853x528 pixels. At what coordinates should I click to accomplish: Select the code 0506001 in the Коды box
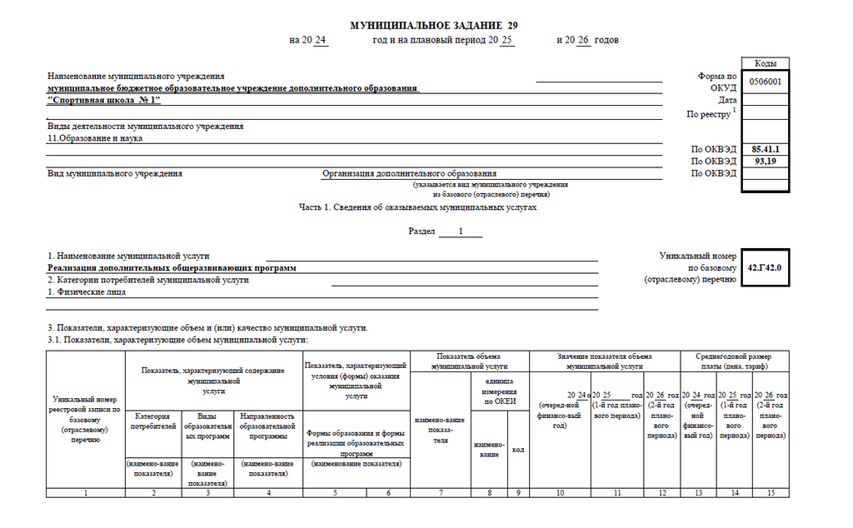coord(764,82)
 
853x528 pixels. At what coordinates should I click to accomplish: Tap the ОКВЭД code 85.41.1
coord(764,148)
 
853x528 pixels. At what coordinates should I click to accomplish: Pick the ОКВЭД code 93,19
coord(764,161)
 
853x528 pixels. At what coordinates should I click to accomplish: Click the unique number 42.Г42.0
coord(765,268)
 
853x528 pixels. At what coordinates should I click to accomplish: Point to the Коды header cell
coord(766,63)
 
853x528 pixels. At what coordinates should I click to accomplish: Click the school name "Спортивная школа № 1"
coord(104,100)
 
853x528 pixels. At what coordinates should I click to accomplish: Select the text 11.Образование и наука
coord(95,138)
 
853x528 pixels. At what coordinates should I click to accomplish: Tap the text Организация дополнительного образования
coord(409,173)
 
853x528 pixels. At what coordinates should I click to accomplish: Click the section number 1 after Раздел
coord(460,232)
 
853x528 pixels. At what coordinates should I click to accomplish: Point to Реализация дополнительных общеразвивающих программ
coord(172,268)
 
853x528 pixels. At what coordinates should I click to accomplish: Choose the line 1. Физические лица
coord(87,292)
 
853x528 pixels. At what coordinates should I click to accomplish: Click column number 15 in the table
coord(771,493)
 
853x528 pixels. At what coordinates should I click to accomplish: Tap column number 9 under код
coord(518,493)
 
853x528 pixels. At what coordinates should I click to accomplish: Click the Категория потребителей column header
coord(153,421)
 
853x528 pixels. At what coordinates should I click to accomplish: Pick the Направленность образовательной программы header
coord(267,425)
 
